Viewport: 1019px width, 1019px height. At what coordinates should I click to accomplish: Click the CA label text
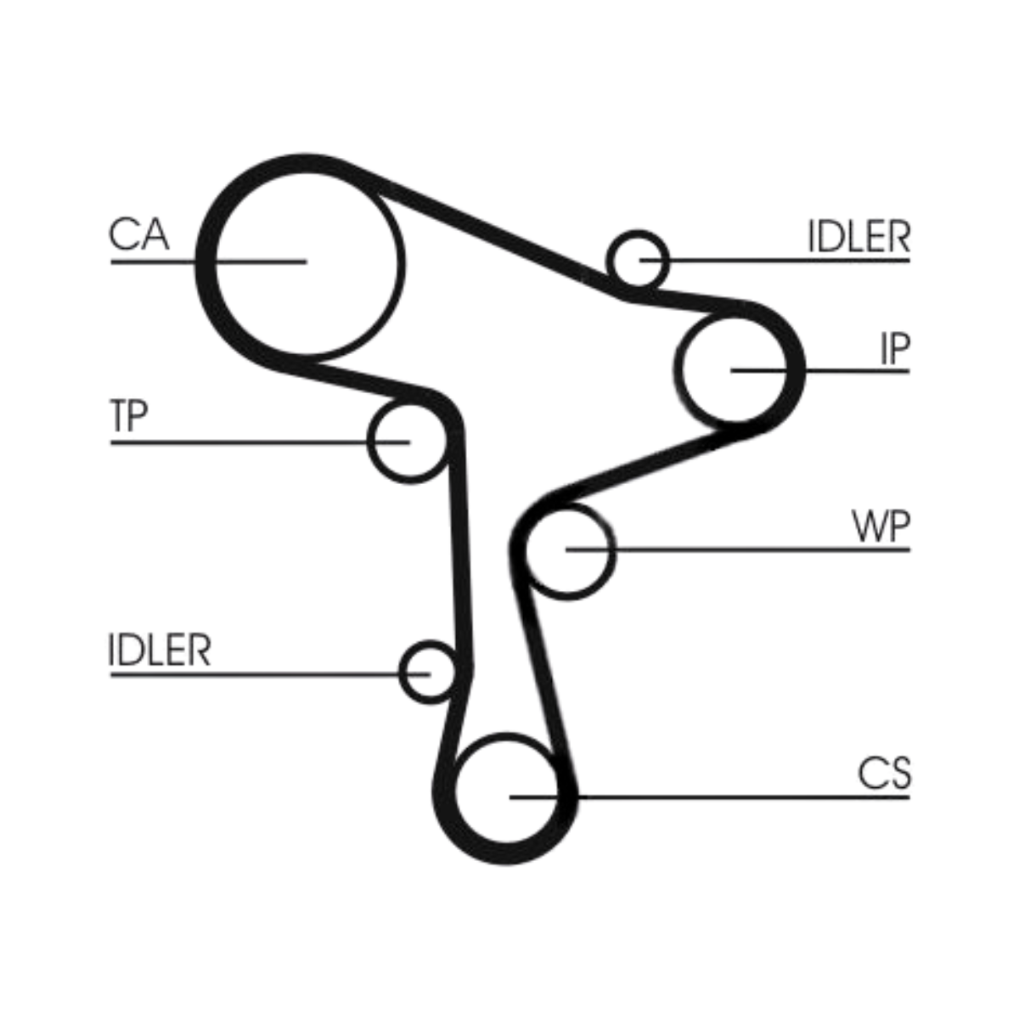tap(139, 234)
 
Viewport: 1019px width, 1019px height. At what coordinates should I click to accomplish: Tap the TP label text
tap(129, 416)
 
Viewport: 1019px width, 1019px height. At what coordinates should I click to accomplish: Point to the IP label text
tap(894, 348)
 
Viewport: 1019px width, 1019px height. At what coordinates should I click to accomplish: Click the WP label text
tap(881, 527)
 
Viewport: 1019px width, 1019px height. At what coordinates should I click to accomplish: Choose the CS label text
tap(884, 774)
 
